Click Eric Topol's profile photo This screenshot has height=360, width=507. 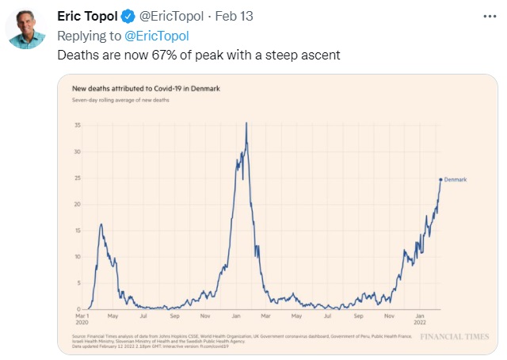tap(27, 29)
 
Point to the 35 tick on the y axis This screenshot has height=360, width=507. tap(77, 125)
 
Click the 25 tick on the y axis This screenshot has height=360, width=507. tap(77, 178)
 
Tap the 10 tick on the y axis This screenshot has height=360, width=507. tap(77, 257)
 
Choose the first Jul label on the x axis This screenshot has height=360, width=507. tap(144, 316)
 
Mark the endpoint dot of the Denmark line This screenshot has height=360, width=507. tap(440, 179)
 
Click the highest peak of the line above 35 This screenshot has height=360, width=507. tap(247, 124)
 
